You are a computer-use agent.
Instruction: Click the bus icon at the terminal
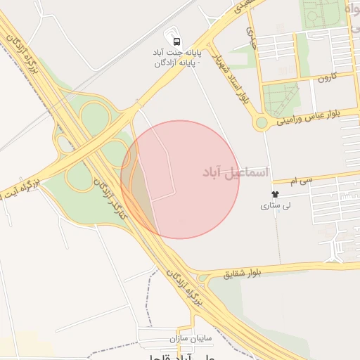pyautogui.click(x=175, y=41)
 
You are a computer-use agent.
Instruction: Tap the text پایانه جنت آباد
pyautogui.click(x=175, y=53)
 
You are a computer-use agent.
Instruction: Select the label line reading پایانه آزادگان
pyautogui.click(x=177, y=64)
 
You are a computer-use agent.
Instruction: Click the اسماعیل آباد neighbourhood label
pyautogui.click(x=235, y=172)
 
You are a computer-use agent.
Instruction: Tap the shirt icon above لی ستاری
pyautogui.click(x=274, y=194)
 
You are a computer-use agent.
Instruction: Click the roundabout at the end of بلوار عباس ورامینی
pyautogui.click(x=262, y=123)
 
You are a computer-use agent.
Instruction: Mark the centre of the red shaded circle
pyautogui.click(x=180, y=179)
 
